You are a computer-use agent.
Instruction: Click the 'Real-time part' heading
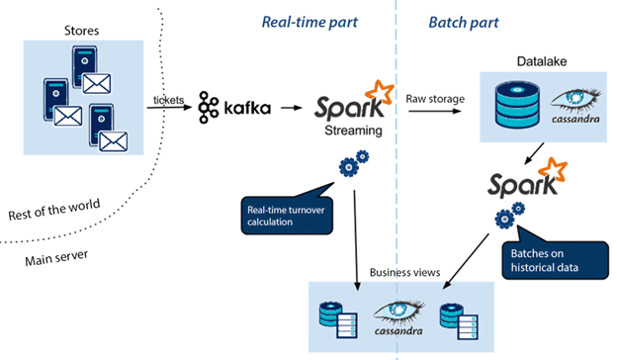[310, 22]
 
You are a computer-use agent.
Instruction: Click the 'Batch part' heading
[464, 22]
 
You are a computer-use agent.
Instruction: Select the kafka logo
[234, 106]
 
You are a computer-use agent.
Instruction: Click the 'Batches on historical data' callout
[546, 258]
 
